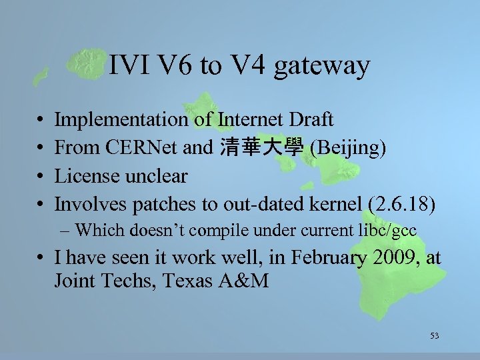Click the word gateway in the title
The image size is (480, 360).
tap(321, 66)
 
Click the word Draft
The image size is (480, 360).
tap(309, 120)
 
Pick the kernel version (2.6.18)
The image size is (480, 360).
tap(403, 205)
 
